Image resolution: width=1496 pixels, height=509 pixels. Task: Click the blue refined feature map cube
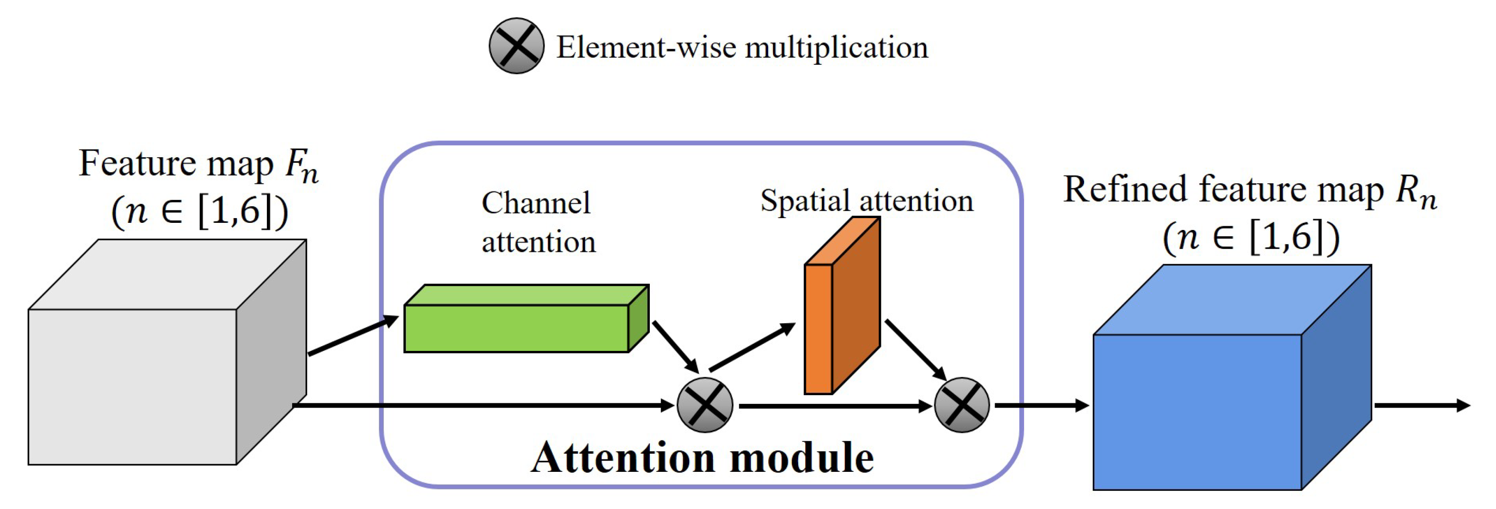tap(1196, 411)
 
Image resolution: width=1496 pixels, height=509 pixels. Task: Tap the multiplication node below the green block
tap(704, 405)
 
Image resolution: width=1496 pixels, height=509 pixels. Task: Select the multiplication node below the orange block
tap(962, 405)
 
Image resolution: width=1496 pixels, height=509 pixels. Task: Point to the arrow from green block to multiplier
tap(675, 346)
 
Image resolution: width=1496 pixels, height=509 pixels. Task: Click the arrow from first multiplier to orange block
tap(752, 348)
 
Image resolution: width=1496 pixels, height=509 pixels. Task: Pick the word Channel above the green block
tap(536, 203)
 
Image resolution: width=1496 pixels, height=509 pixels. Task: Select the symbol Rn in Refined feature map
tap(1417, 192)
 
